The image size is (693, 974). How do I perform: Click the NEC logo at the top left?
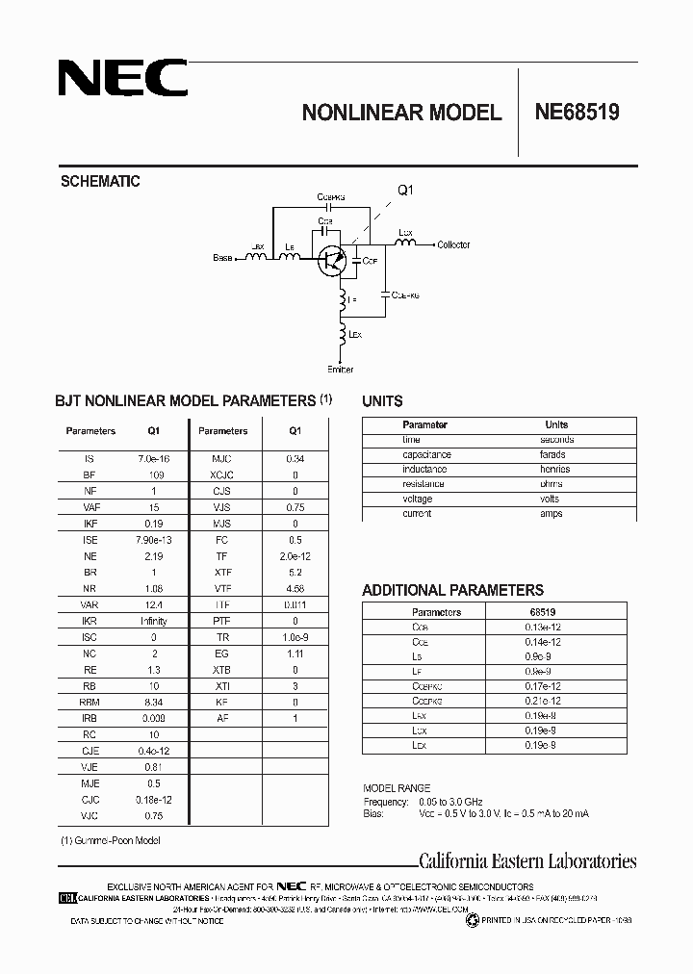122,79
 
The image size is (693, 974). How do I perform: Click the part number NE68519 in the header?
577,112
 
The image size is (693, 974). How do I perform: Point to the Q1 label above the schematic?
405,191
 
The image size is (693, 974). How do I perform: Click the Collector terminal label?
453,245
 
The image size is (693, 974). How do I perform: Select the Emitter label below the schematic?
341,369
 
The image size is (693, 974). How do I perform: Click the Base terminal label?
223,258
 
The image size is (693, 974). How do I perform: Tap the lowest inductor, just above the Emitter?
342,337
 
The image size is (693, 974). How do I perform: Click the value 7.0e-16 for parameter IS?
153,460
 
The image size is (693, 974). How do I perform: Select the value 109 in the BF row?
153,475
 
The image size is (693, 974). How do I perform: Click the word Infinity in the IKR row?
153,621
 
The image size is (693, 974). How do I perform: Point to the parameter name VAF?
91,506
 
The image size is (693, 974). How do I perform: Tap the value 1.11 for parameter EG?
295,653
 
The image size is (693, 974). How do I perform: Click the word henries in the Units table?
555,469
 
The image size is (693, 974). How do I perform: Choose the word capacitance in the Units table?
426,454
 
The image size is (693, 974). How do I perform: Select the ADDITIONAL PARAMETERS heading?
452,590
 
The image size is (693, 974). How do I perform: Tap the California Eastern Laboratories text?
526,861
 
